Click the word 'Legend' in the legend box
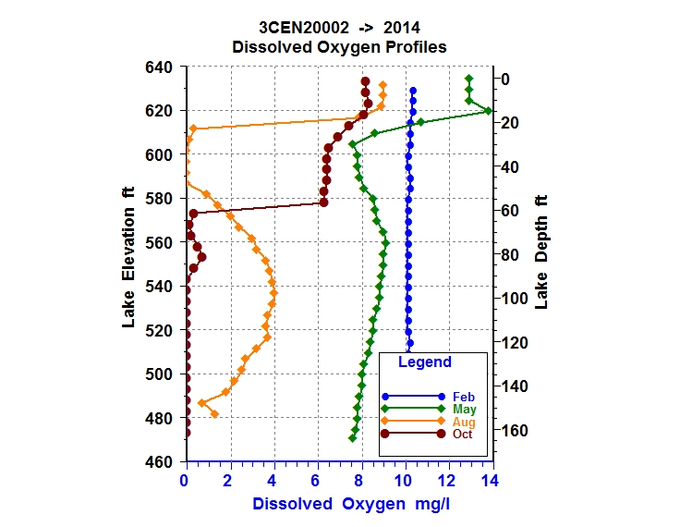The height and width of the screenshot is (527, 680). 425,362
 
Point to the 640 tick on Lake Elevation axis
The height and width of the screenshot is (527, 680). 162,67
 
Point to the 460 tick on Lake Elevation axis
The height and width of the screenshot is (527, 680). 162,462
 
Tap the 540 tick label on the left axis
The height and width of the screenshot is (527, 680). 162,287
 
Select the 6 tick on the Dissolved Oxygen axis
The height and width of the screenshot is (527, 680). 315,481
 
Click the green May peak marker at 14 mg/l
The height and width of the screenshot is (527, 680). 488,111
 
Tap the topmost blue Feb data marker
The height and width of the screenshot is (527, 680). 413,91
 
